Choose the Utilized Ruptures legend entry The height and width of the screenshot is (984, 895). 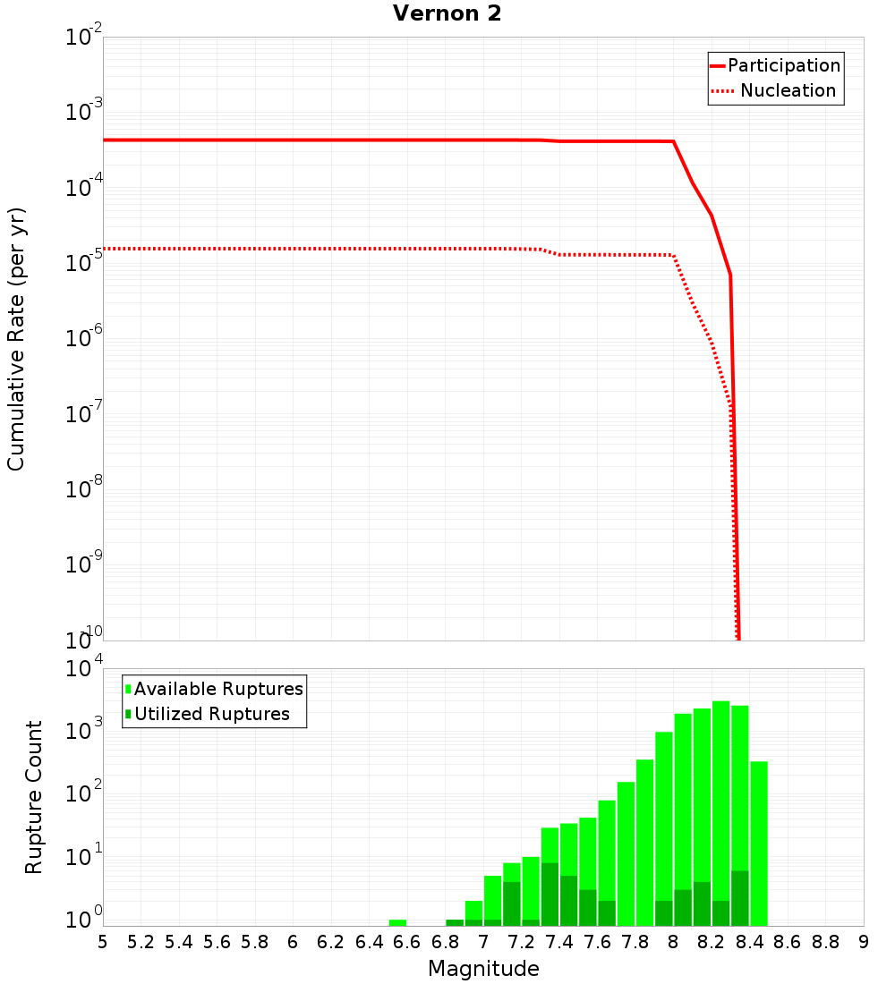(211, 714)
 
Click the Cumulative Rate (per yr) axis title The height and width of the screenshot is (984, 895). (16, 339)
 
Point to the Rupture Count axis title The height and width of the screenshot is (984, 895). (34, 797)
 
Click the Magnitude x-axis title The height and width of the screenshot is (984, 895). (483, 969)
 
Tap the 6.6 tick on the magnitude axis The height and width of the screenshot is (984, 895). (407, 942)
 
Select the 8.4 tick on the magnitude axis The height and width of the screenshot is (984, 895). (750, 942)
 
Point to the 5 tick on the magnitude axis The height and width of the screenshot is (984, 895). (103, 942)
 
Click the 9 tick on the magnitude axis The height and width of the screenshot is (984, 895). (864, 942)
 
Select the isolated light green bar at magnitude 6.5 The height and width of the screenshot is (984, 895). (397, 922)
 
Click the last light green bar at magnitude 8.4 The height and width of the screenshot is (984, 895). (759, 841)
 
